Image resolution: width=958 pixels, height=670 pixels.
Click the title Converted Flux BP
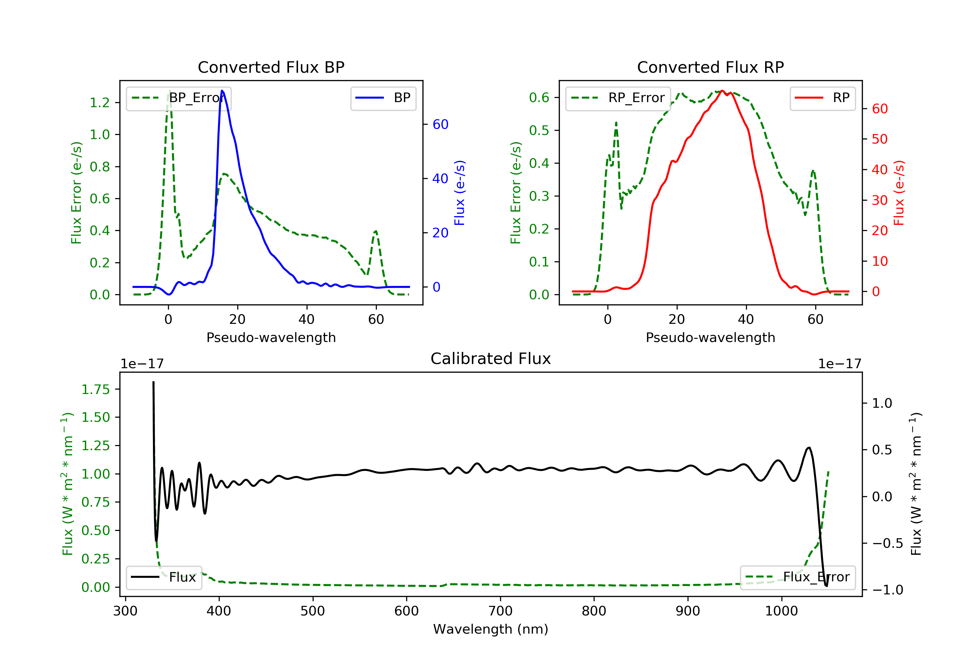(271, 67)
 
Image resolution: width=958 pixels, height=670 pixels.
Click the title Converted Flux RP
(710, 67)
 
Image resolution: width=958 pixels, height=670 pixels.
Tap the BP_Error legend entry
(179, 98)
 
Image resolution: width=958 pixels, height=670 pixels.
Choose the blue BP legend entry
(383, 98)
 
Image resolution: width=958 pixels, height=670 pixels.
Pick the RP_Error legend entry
(618, 98)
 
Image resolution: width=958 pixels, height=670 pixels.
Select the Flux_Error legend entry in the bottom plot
(797, 577)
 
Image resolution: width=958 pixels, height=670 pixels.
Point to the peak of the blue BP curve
(222, 91)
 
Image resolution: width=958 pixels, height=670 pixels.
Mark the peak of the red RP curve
(722, 91)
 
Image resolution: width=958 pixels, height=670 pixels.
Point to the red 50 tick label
(879, 139)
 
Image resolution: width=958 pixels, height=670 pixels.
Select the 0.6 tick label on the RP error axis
(539, 98)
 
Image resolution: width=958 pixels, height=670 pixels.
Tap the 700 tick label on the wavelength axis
(500, 611)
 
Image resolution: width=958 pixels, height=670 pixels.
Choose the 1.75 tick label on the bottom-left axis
(95, 390)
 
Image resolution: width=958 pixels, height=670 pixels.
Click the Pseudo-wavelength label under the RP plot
(710, 337)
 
